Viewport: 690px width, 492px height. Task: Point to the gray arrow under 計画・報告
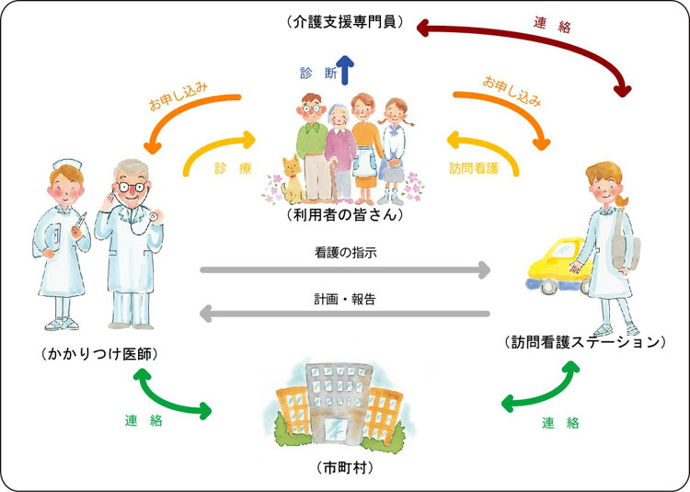pos(345,315)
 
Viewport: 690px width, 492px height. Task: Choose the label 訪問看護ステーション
pos(585,342)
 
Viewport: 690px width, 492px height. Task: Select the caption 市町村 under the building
pos(344,467)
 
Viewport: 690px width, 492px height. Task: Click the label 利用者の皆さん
pos(345,216)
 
